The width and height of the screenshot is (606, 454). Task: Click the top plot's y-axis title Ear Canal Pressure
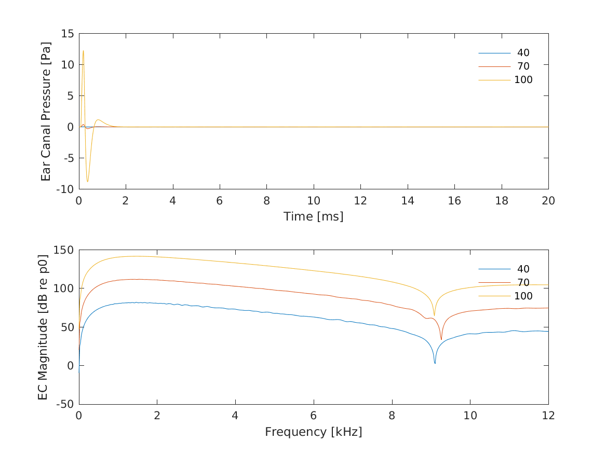[46, 111]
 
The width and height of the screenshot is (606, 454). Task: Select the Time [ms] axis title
[313, 216]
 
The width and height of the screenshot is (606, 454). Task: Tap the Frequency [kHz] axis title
[313, 432]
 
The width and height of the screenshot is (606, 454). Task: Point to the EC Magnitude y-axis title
[44, 326]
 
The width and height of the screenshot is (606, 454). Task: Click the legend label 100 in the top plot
[523, 80]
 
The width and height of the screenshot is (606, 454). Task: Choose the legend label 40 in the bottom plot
[523, 269]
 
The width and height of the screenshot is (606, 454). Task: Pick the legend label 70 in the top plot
[523, 66]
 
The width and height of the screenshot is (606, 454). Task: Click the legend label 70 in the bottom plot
[523, 282]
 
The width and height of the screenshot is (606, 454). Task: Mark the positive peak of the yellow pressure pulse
[83, 51]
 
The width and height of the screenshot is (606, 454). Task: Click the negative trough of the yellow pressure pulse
[87, 182]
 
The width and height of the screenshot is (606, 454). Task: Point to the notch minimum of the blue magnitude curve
[435, 363]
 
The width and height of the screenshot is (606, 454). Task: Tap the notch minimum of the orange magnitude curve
[441, 339]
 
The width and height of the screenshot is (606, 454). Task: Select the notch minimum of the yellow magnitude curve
[434, 315]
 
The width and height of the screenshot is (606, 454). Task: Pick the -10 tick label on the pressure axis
[66, 189]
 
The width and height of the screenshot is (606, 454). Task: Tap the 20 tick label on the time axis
[548, 201]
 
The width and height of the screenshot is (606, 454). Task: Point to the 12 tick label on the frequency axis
[548, 416]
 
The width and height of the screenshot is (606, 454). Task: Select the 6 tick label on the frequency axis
[313, 416]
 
